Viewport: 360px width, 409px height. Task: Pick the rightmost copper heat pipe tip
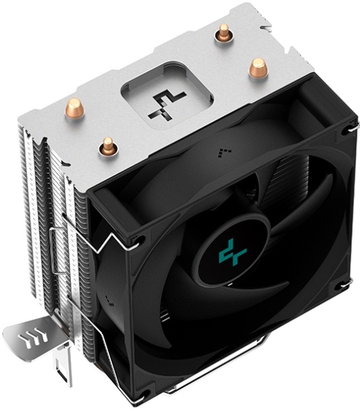258,67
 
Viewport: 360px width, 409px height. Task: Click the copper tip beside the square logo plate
108,146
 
